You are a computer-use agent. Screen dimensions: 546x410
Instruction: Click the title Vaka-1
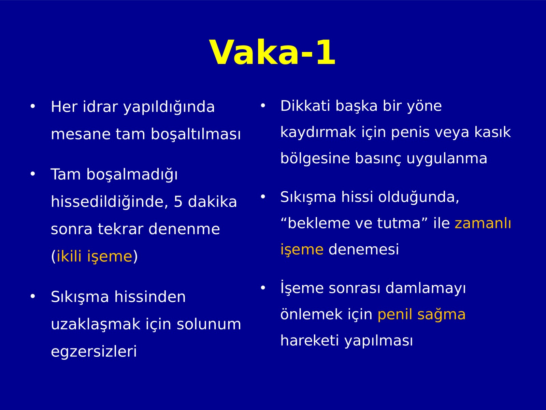[x=273, y=53]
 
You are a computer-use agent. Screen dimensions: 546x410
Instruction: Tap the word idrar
[x=100, y=107]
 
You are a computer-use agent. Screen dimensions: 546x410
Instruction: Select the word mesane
[x=81, y=134]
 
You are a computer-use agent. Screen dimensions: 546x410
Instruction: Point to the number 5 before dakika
[x=178, y=201]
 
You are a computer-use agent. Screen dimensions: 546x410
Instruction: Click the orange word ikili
[x=69, y=256]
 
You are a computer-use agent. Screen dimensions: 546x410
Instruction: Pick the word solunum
[x=209, y=324]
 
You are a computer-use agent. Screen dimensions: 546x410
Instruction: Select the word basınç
[x=378, y=159]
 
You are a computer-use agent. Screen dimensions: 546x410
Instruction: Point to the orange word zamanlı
[x=483, y=223]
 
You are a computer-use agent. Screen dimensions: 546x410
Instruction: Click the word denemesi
[x=364, y=249]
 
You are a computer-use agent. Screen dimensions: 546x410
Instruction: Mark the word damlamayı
[x=425, y=288]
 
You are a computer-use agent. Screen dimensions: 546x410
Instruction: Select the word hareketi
[x=310, y=340]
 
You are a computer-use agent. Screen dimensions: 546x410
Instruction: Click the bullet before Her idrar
[x=32, y=106]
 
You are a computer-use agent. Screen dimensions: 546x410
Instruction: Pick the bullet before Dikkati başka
[x=263, y=106]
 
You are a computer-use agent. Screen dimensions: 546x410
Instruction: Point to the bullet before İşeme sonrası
[x=263, y=288]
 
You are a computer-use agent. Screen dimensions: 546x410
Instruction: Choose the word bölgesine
[x=315, y=159]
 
